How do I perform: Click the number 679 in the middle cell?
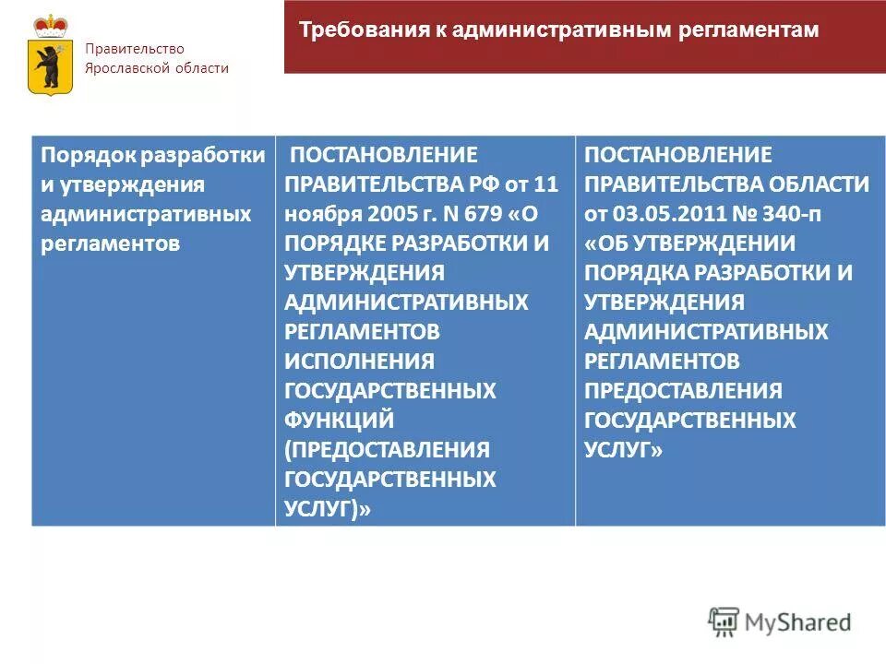click(x=479, y=213)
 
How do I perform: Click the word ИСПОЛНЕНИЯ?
click(x=359, y=361)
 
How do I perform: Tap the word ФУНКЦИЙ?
click(x=340, y=420)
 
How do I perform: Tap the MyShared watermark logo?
click(x=780, y=622)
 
